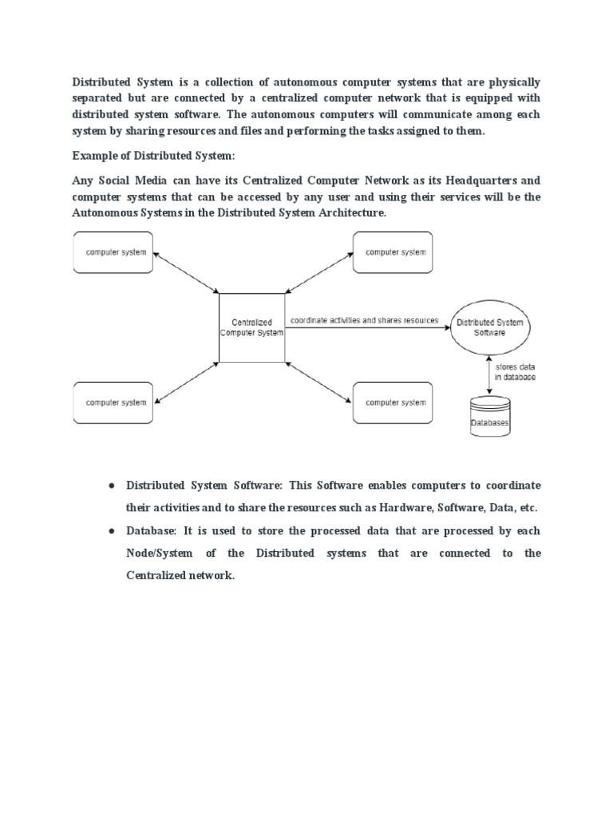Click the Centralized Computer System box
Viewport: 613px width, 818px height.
coord(251,328)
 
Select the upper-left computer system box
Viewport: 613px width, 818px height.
coord(113,252)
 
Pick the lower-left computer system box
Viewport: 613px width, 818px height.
coord(113,403)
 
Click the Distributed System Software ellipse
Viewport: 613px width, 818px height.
coord(490,328)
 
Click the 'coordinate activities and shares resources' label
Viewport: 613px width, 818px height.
coord(364,320)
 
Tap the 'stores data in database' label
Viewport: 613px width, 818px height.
coord(516,371)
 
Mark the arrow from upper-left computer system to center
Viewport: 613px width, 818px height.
coord(185,272)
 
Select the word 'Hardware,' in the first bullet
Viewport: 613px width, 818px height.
coord(405,507)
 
